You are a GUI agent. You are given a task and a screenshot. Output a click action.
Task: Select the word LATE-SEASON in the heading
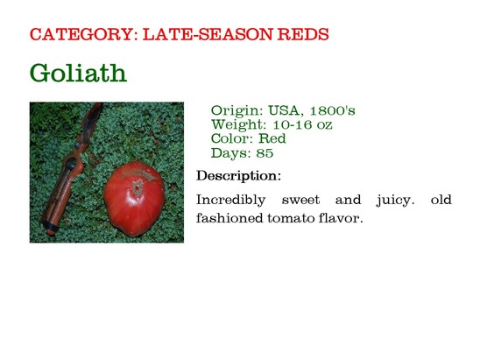click(x=208, y=34)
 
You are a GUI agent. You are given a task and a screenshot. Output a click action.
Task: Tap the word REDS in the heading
click(x=303, y=34)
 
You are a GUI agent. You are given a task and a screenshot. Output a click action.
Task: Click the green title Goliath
click(x=78, y=73)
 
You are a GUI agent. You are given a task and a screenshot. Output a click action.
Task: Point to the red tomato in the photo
click(x=134, y=200)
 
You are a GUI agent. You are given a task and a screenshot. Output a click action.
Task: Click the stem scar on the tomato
click(x=138, y=187)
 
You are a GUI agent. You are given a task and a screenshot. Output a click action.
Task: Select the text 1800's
click(x=333, y=110)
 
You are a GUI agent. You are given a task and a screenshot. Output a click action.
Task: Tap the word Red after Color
click(x=272, y=138)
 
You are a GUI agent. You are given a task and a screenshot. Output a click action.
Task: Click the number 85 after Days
click(x=265, y=152)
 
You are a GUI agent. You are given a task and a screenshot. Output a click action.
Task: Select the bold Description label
click(x=238, y=176)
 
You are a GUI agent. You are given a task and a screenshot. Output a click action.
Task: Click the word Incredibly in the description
click(x=231, y=200)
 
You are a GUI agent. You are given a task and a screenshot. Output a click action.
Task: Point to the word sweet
click(x=300, y=200)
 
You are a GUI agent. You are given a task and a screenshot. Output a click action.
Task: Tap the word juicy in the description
click(x=395, y=201)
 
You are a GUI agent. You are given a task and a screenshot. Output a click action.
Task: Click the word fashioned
click(x=229, y=218)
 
